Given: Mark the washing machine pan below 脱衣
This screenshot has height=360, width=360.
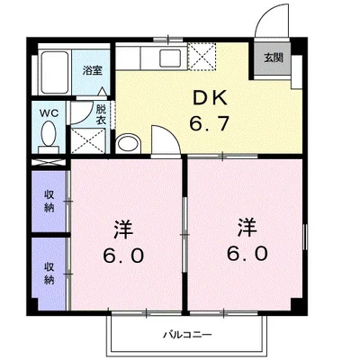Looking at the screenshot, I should [87, 141].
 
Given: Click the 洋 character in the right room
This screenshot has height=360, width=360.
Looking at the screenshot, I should [247, 225].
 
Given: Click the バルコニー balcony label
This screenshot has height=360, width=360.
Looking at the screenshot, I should [185, 334].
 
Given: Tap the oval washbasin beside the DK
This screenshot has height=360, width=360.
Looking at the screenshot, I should [130, 143].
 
